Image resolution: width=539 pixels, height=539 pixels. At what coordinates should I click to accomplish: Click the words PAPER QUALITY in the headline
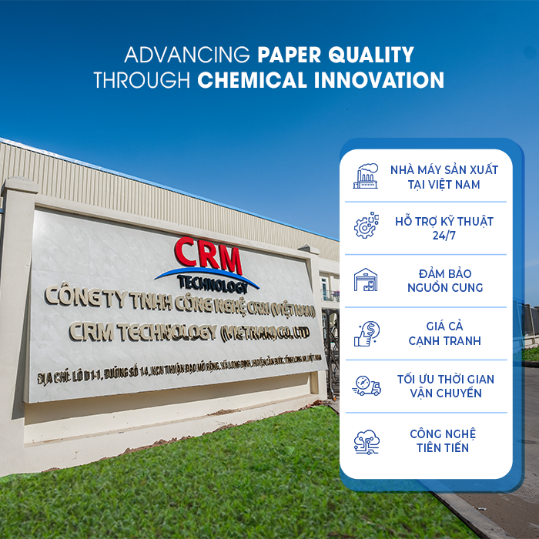336,55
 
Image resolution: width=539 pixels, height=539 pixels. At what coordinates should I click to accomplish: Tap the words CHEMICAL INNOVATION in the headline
320,80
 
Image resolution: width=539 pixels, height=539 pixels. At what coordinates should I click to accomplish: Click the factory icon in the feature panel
367,176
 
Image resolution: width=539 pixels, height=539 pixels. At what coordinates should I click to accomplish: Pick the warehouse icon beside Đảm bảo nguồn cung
367,280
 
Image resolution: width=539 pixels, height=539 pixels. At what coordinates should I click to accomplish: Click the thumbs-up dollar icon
367,333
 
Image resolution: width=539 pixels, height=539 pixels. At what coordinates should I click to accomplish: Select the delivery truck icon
367,386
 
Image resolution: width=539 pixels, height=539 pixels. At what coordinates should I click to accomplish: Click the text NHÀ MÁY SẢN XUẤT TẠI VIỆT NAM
444,176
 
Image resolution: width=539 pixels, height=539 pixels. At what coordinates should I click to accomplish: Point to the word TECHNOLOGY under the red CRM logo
209,283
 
